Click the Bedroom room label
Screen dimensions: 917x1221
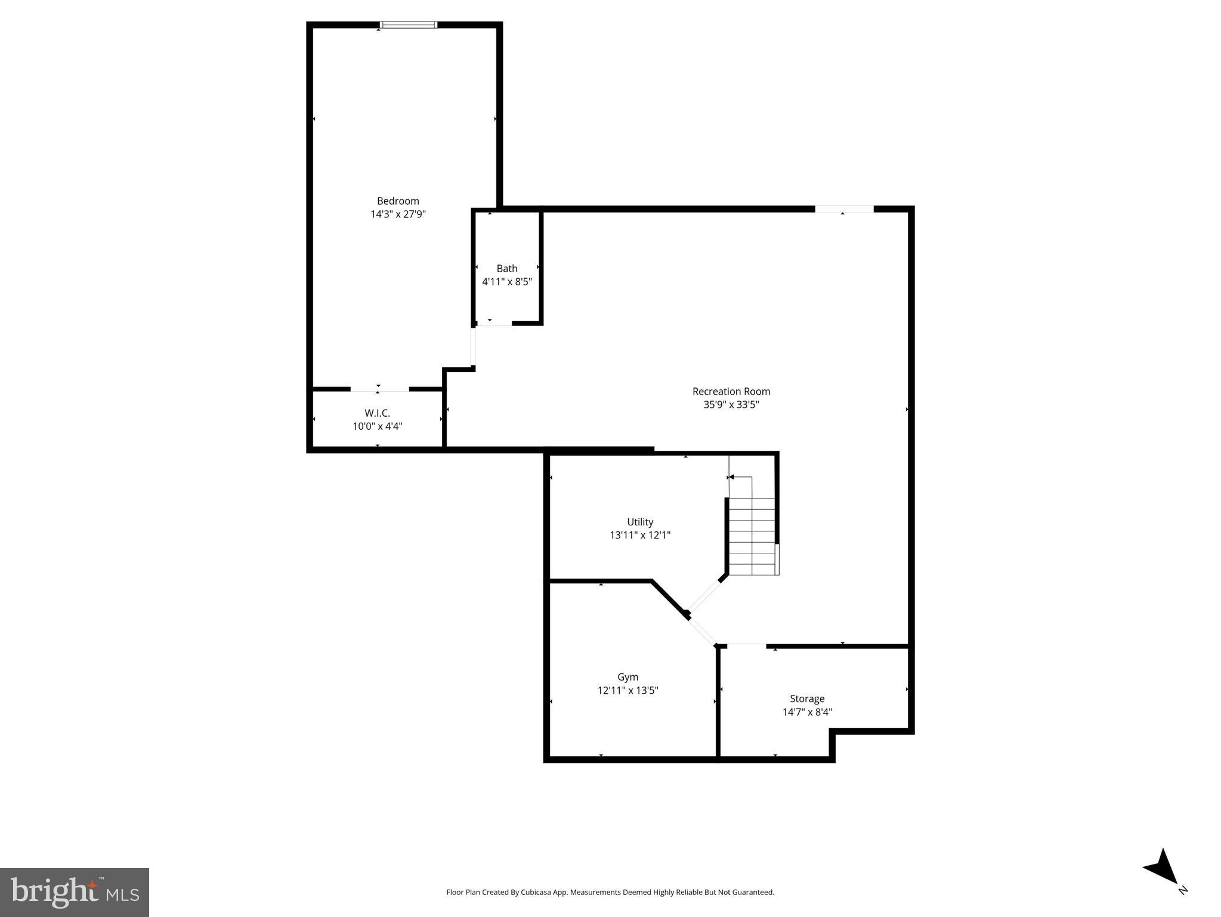pyautogui.click(x=398, y=201)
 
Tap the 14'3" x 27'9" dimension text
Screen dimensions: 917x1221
pyautogui.click(x=398, y=214)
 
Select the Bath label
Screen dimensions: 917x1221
pyautogui.click(x=507, y=269)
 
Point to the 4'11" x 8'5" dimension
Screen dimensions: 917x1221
pyautogui.click(x=507, y=282)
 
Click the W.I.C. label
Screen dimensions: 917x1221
pyautogui.click(x=378, y=413)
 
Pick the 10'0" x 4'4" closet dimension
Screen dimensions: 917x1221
pyautogui.click(x=378, y=426)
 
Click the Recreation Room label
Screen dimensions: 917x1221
pyautogui.click(x=731, y=392)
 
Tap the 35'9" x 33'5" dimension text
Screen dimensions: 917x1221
pyautogui.click(x=731, y=405)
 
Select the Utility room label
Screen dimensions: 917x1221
pyautogui.click(x=640, y=522)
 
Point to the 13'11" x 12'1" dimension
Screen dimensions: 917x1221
pyautogui.click(x=640, y=536)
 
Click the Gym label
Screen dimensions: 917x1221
pyautogui.click(x=627, y=677)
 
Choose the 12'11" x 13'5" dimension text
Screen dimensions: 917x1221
pyautogui.click(x=627, y=691)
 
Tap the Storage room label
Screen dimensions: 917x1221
pyautogui.click(x=807, y=698)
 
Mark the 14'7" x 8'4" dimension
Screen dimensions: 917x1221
pyautogui.click(x=807, y=712)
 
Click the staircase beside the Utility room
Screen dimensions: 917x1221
pyautogui.click(x=752, y=534)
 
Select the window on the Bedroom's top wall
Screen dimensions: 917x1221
pyautogui.click(x=409, y=25)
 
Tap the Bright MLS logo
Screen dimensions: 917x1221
pyautogui.click(x=75, y=893)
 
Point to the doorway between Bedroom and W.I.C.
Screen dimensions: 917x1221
pyautogui.click(x=379, y=389)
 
